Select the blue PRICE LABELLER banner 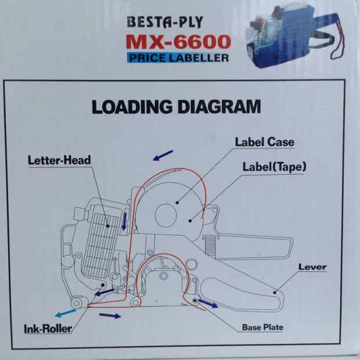(177, 57)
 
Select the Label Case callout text (264, 142)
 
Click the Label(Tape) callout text (274, 167)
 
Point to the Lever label (312, 267)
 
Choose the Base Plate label (262, 327)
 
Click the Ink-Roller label (48, 329)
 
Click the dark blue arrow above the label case (163, 154)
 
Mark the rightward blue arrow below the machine (110, 315)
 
